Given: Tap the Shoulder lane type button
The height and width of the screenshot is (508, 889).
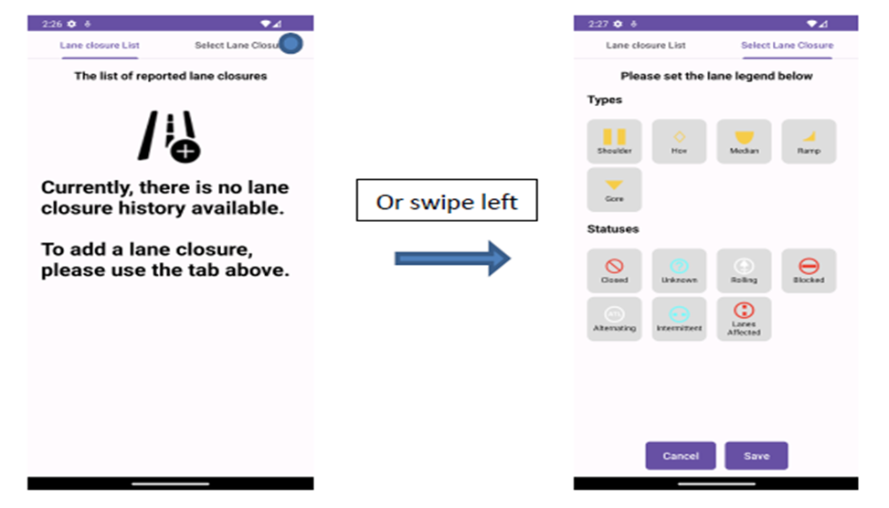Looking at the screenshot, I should (614, 142).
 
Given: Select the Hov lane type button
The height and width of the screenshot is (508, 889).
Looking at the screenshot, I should (679, 142).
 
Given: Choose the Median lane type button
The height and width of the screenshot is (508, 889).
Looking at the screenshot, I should (744, 142).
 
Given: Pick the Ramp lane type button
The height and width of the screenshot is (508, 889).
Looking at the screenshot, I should (809, 142).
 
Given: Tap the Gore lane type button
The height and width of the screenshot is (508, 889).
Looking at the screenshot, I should (614, 189).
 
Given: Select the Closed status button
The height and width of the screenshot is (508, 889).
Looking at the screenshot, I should (614, 270).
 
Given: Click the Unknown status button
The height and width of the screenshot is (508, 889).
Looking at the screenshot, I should (679, 270).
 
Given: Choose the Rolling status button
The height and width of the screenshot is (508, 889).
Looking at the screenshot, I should (744, 270).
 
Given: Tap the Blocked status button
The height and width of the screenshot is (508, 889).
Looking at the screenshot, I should (809, 270).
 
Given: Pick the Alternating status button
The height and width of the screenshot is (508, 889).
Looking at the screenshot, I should (614, 319).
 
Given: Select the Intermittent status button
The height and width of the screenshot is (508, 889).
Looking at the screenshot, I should (679, 319).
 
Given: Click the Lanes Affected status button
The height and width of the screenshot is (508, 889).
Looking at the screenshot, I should (744, 319).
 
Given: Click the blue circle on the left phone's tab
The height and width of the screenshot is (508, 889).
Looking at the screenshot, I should (291, 44).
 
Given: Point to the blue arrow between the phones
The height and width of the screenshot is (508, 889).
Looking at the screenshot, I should (451, 259).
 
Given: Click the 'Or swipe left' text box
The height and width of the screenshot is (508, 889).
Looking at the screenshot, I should (447, 201).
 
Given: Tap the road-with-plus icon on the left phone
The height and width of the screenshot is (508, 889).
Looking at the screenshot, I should (170, 136).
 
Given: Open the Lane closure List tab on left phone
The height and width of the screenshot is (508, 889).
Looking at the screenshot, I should (100, 45).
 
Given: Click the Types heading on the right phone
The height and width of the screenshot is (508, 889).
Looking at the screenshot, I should (605, 100).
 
